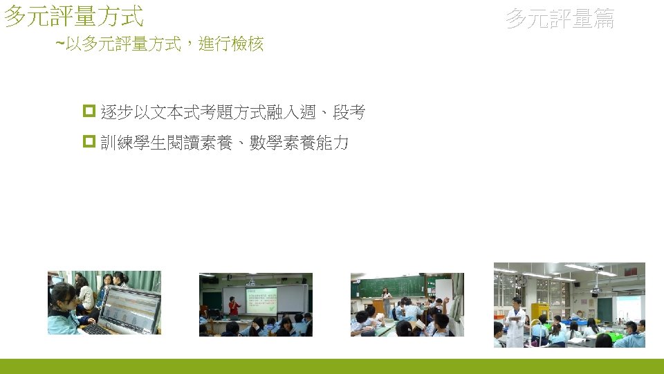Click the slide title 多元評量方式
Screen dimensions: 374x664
pyautogui.click(x=73, y=15)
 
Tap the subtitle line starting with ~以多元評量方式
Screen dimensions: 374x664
pyautogui.click(x=159, y=45)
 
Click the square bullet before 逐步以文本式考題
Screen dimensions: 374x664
pyautogui.click(x=88, y=112)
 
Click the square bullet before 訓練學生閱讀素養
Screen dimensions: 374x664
pyautogui.click(x=88, y=143)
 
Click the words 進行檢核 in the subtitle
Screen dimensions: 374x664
pyautogui.click(x=231, y=45)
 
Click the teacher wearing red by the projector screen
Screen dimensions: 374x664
pyautogui.click(x=234, y=306)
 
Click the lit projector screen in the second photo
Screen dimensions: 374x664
pyautogui.click(x=261, y=301)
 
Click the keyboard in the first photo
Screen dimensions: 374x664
pyautogui.click(x=95, y=329)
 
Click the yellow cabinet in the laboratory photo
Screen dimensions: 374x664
pyautogui.click(x=539, y=311)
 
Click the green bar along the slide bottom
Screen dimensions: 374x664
pyautogui.click(x=332, y=366)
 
